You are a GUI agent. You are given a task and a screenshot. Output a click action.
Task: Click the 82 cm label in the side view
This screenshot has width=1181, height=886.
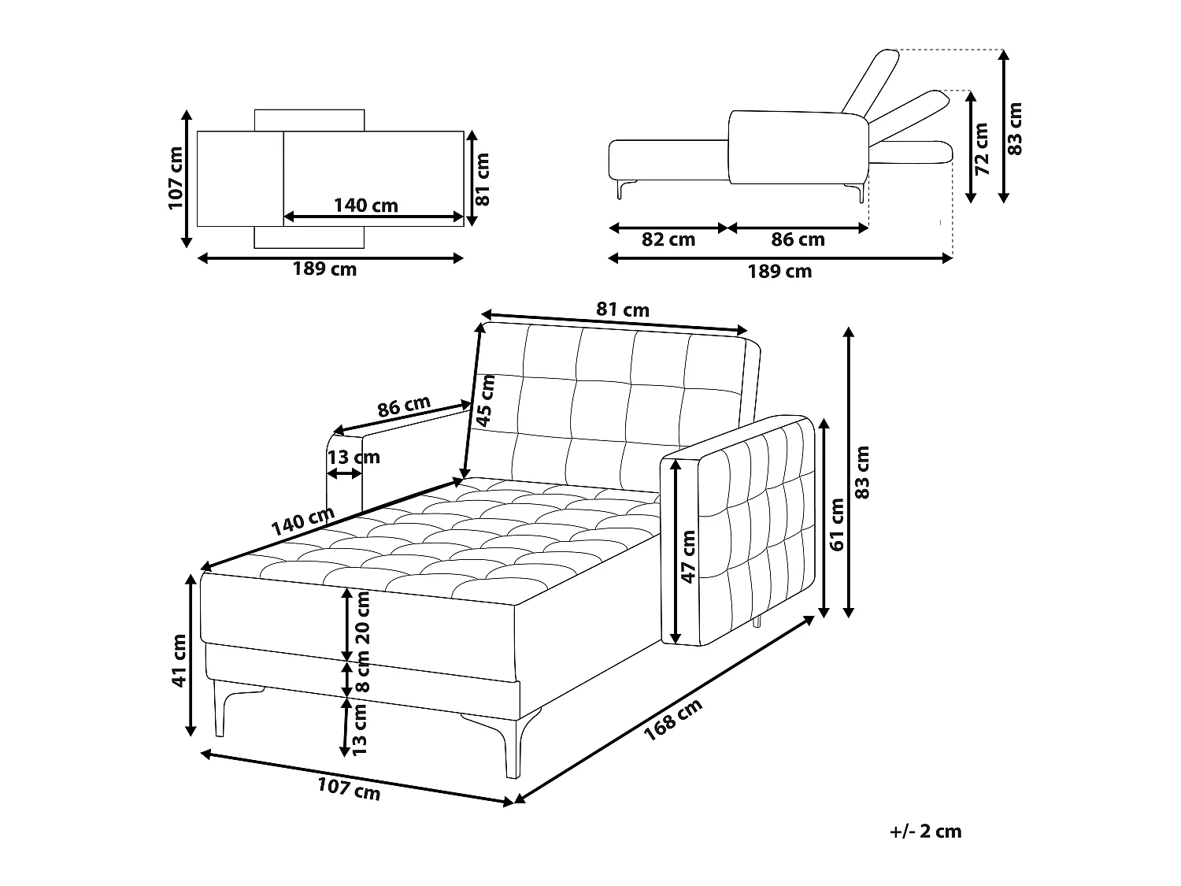point(668,239)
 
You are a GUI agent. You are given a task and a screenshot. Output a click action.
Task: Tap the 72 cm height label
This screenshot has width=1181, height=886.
point(982,149)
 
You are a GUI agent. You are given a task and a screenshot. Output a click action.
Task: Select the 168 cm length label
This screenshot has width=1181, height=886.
point(673,720)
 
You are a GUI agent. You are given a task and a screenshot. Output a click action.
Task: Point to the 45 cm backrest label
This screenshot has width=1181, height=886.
point(486,401)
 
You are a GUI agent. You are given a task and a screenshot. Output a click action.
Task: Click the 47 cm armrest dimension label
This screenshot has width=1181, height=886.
point(688,556)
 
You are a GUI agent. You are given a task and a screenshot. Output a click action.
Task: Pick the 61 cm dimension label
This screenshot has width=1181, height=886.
point(837,525)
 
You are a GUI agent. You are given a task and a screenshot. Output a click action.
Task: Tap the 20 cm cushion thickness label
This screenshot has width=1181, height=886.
point(363,618)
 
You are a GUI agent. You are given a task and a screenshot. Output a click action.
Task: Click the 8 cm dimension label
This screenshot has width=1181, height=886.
point(363,671)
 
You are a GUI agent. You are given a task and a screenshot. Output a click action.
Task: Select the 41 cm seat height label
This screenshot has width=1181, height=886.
point(179,661)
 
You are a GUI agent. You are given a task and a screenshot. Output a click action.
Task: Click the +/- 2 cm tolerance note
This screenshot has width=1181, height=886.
point(925,831)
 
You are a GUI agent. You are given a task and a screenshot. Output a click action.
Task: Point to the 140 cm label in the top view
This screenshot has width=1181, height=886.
point(366,206)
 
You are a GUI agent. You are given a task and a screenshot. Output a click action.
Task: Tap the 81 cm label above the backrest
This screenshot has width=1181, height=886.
point(623,310)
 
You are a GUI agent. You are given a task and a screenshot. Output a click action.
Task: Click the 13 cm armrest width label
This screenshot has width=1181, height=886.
point(354,458)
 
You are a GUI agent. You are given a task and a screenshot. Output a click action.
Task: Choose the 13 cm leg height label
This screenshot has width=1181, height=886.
point(359,729)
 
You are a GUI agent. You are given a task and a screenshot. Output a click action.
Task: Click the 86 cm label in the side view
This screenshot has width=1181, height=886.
point(798,239)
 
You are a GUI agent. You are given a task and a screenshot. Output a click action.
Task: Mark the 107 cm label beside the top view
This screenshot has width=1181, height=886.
point(176,178)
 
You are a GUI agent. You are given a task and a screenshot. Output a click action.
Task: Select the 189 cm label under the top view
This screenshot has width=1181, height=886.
point(324,269)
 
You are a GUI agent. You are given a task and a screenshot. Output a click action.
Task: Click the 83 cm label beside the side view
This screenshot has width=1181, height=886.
point(1014,129)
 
